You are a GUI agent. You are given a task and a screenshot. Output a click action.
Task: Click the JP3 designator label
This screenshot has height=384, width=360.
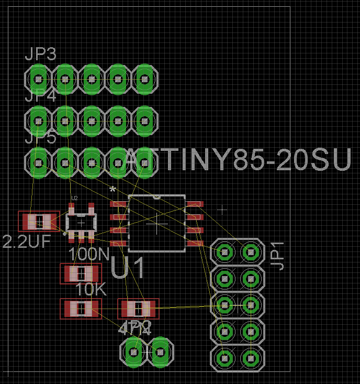click(x=40, y=54)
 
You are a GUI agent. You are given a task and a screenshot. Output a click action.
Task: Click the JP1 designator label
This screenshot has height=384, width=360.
click(x=278, y=256)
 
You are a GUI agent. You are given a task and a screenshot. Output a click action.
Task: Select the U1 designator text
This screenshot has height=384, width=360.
click(x=128, y=268)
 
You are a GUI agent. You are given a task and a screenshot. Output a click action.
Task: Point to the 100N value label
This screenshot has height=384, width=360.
click(x=88, y=255)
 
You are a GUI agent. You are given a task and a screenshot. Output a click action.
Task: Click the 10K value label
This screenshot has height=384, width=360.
click(x=91, y=290)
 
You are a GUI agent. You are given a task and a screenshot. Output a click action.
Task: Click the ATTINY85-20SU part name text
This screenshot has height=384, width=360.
click(x=238, y=159)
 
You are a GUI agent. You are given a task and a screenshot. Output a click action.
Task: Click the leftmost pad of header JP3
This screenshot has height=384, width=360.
click(x=38, y=79)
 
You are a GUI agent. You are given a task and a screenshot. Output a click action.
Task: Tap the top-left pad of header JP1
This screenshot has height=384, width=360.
click(x=225, y=253)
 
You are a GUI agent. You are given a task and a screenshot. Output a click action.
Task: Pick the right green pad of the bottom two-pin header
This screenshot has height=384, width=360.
click(x=160, y=352)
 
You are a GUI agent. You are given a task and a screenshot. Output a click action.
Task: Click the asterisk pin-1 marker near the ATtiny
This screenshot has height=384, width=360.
click(x=113, y=189)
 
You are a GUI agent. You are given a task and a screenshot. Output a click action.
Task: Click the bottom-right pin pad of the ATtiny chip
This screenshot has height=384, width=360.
click(x=195, y=243)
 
